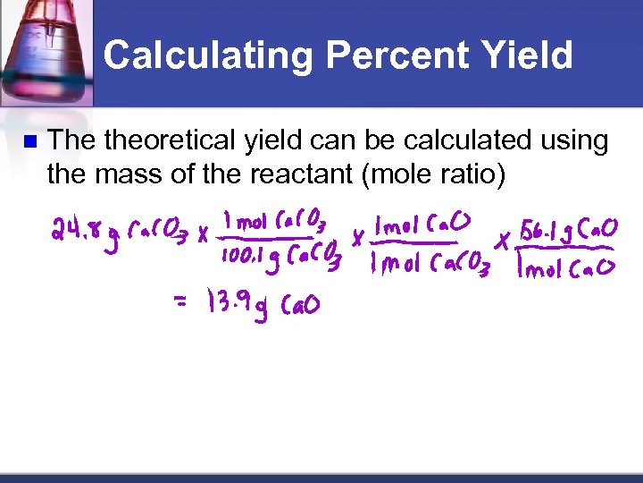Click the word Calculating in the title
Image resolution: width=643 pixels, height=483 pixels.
[208, 55]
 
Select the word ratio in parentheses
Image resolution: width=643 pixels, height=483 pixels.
[472, 174]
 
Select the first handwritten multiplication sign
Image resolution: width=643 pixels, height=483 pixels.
[204, 237]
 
